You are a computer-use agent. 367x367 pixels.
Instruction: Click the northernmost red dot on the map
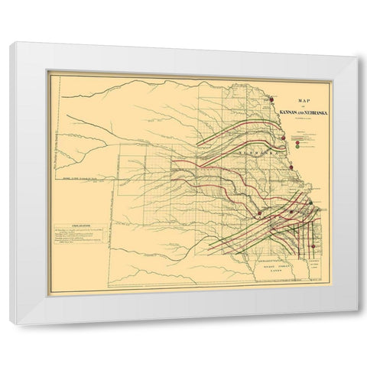tap(272, 98)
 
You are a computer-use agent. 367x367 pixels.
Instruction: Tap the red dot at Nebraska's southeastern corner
tap(291, 168)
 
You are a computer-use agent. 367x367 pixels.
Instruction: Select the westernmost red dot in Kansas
tap(260, 213)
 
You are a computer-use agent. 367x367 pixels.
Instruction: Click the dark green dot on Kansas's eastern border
tap(310, 209)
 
